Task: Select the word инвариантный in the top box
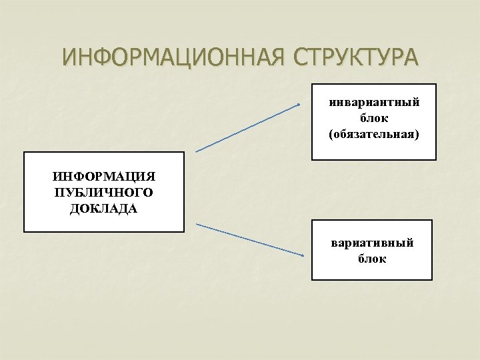[374, 103]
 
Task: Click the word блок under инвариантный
[374, 118]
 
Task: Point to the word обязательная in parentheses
[374, 134]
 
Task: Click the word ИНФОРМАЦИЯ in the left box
[103, 177]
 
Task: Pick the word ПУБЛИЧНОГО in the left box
[103, 193]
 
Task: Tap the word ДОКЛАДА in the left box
[103, 209]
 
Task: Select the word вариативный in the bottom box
[372, 243]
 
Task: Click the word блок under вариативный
[372, 259]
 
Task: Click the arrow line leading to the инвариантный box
[248, 128]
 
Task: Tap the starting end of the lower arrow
[197, 224]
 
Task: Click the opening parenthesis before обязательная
[331, 134]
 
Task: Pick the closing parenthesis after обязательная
[418, 134]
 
